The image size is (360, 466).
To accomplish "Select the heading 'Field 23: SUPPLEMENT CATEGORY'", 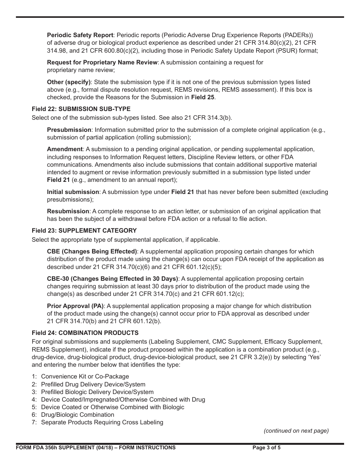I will click(x=84, y=230).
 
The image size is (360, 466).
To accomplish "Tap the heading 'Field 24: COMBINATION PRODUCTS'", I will click(x=85, y=333).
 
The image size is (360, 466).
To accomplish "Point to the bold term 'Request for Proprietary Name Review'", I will click(x=102, y=62).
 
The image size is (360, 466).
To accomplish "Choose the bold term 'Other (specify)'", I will click(x=69, y=82).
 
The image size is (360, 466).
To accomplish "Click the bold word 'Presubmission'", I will click(x=69, y=130).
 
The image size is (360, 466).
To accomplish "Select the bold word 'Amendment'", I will click(x=65, y=149).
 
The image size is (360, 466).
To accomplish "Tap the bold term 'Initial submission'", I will click(x=73, y=192).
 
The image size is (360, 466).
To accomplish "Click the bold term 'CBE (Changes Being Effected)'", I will click(x=92, y=251).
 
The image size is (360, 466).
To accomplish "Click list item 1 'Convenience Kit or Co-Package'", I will click(x=85, y=377).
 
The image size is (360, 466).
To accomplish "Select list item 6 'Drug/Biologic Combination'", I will click(x=77, y=414).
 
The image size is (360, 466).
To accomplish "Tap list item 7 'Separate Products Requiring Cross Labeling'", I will click(x=102, y=422).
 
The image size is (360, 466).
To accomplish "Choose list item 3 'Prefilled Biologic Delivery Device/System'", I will click(x=97, y=392).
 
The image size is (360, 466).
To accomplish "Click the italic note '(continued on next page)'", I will click(x=296, y=430).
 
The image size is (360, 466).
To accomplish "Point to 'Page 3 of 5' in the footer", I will click(x=267, y=447).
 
